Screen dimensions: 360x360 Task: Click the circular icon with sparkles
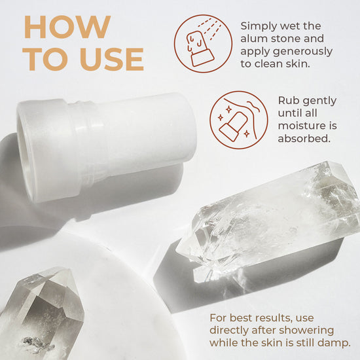coord(239,120)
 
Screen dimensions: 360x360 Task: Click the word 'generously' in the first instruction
coord(302,51)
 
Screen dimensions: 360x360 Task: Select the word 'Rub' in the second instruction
coord(289,101)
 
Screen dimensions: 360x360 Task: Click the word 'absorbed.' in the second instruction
coord(303,139)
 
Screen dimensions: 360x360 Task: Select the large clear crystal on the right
coord(275,216)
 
